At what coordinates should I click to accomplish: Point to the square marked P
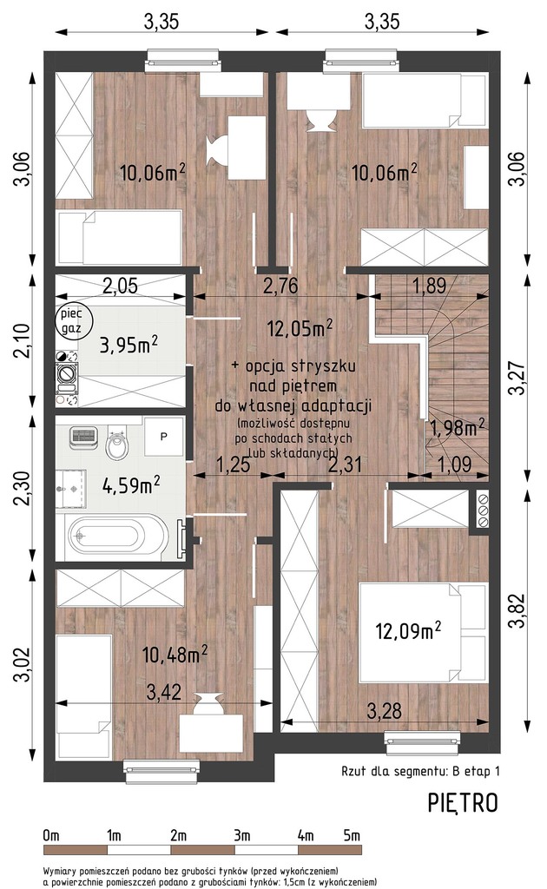coord(164,437)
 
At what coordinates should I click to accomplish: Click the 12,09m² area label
coord(409,630)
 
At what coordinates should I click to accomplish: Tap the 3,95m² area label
coord(129,344)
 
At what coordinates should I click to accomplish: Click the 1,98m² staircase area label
coord(457,427)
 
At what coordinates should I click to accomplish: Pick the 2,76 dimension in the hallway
coord(281,285)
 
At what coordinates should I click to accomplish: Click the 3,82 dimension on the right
coord(517,610)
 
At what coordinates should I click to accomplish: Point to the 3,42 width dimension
coord(164,692)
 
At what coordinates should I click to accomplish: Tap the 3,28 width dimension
coord(385,710)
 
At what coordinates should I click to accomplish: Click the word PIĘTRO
coord(463,803)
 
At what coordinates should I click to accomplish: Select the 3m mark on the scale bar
coord(241,835)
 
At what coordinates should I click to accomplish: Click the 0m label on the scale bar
coord(51,835)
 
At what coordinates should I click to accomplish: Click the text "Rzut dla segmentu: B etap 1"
coord(420,771)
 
